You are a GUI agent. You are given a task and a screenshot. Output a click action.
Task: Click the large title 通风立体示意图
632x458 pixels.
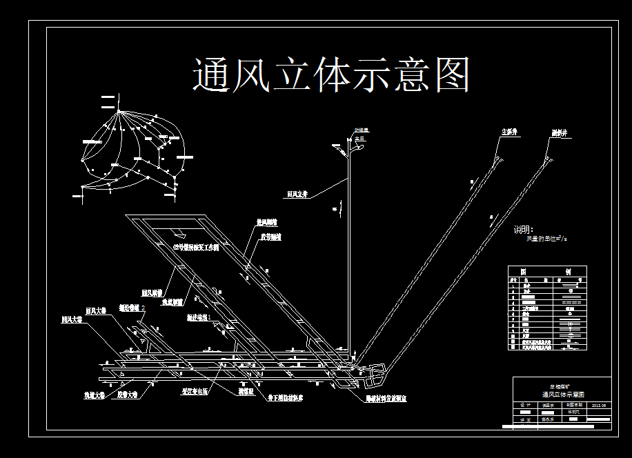point(331,74)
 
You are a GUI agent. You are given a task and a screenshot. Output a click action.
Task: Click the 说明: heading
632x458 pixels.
point(524,230)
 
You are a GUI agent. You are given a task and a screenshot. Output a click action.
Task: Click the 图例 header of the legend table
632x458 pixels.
point(546,271)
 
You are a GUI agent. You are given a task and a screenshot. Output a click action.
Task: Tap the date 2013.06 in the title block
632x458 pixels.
point(598,406)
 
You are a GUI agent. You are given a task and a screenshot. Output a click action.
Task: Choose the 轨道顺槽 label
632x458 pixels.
point(172,302)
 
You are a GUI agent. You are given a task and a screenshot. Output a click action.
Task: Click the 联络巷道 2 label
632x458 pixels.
point(131,308)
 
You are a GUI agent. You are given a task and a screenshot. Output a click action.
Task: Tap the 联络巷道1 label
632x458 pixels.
point(199,318)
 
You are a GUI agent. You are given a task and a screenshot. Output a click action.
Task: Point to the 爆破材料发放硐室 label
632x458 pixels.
point(386,399)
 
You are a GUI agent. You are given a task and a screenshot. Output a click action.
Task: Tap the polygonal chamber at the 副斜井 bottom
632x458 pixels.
point(376,376)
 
